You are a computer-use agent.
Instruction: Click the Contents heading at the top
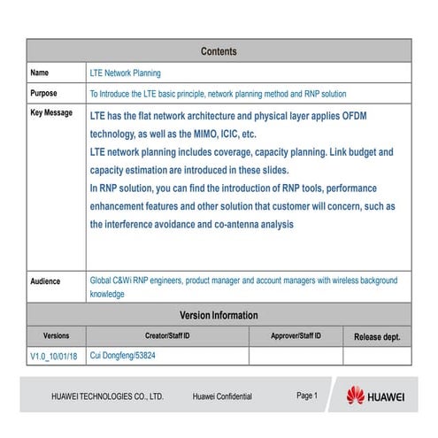tap(219, 51)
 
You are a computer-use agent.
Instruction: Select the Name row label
tap(40, 73)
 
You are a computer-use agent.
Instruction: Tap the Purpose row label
tap(44, 93)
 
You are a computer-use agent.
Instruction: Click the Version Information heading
tap(219, 315)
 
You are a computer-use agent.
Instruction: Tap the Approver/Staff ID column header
tap(296, 336)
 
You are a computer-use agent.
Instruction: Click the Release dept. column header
tap(377, 337)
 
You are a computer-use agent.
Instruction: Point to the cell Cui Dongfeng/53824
tap(129, 356)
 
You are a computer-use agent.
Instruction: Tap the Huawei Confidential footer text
tap(222, 397)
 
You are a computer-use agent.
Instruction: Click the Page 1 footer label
tap(306, 396)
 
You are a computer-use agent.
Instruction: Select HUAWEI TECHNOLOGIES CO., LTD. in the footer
tap(107, 397)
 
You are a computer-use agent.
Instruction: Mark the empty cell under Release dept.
tap(377, 356)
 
